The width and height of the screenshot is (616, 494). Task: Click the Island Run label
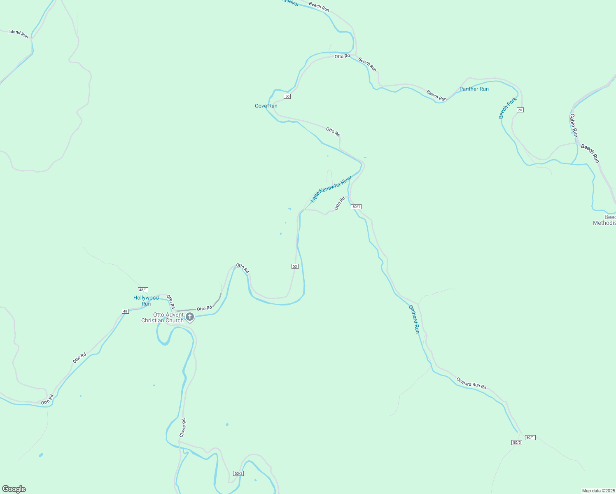pos(19,34)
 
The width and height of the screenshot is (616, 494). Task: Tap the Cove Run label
pos(266,106)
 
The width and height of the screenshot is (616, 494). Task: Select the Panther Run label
pos(474,89)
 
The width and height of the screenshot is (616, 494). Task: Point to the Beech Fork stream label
pos(507,108)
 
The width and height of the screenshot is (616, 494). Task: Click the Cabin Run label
pos(574,126)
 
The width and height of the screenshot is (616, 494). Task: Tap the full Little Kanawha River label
pos(331,189)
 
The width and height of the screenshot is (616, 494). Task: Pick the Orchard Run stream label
pos(414,319)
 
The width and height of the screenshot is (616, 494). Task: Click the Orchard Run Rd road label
pos(471,383)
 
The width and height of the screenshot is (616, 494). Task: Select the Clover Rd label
pos(183,428)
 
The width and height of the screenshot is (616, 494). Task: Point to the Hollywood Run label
pos(146,301)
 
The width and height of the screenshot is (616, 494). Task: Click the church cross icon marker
pos(190,317)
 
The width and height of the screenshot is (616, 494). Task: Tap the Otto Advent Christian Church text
pos(162,317)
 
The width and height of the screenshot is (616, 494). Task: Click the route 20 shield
pos(520,110)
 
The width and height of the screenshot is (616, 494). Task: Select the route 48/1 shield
pos(143,290)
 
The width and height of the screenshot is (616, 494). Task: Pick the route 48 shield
pos(125,311)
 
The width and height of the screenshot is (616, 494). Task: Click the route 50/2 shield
pos(238,473)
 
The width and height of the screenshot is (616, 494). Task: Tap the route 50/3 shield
pos(517,443)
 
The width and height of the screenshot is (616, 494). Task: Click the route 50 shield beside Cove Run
pos(287,96)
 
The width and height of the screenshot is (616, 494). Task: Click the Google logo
pos(14,489)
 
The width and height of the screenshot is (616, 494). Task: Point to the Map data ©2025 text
pos(598,491)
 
